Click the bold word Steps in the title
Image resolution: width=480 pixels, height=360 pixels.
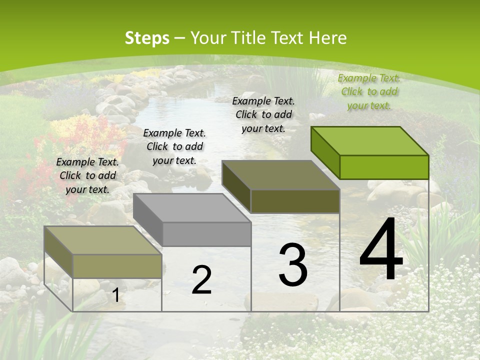pos(147,38)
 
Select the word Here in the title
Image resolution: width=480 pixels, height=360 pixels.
pos(327,38)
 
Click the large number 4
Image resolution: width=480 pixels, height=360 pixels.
pos(381,250)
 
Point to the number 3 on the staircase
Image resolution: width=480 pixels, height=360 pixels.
pos(292,264)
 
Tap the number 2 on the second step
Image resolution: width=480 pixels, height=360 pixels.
pos(201,280)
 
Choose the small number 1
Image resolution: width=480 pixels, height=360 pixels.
pos(115,295)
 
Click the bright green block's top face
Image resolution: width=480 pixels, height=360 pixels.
pos(370,141)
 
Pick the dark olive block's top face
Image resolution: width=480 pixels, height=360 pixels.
pos(281,175)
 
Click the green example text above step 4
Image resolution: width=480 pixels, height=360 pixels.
pos(369,91)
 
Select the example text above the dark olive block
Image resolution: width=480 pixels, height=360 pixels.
pos(263,114)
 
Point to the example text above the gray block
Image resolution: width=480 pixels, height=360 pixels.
pos(174,146)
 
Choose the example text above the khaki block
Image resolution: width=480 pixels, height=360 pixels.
pos(87,175)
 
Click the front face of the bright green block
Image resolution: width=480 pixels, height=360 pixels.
pos(384,167)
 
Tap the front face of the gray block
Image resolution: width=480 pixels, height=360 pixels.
pos(207,234)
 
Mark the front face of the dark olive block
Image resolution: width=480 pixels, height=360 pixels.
pos(295,201)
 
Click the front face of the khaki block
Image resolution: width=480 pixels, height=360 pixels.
pos(117,266)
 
